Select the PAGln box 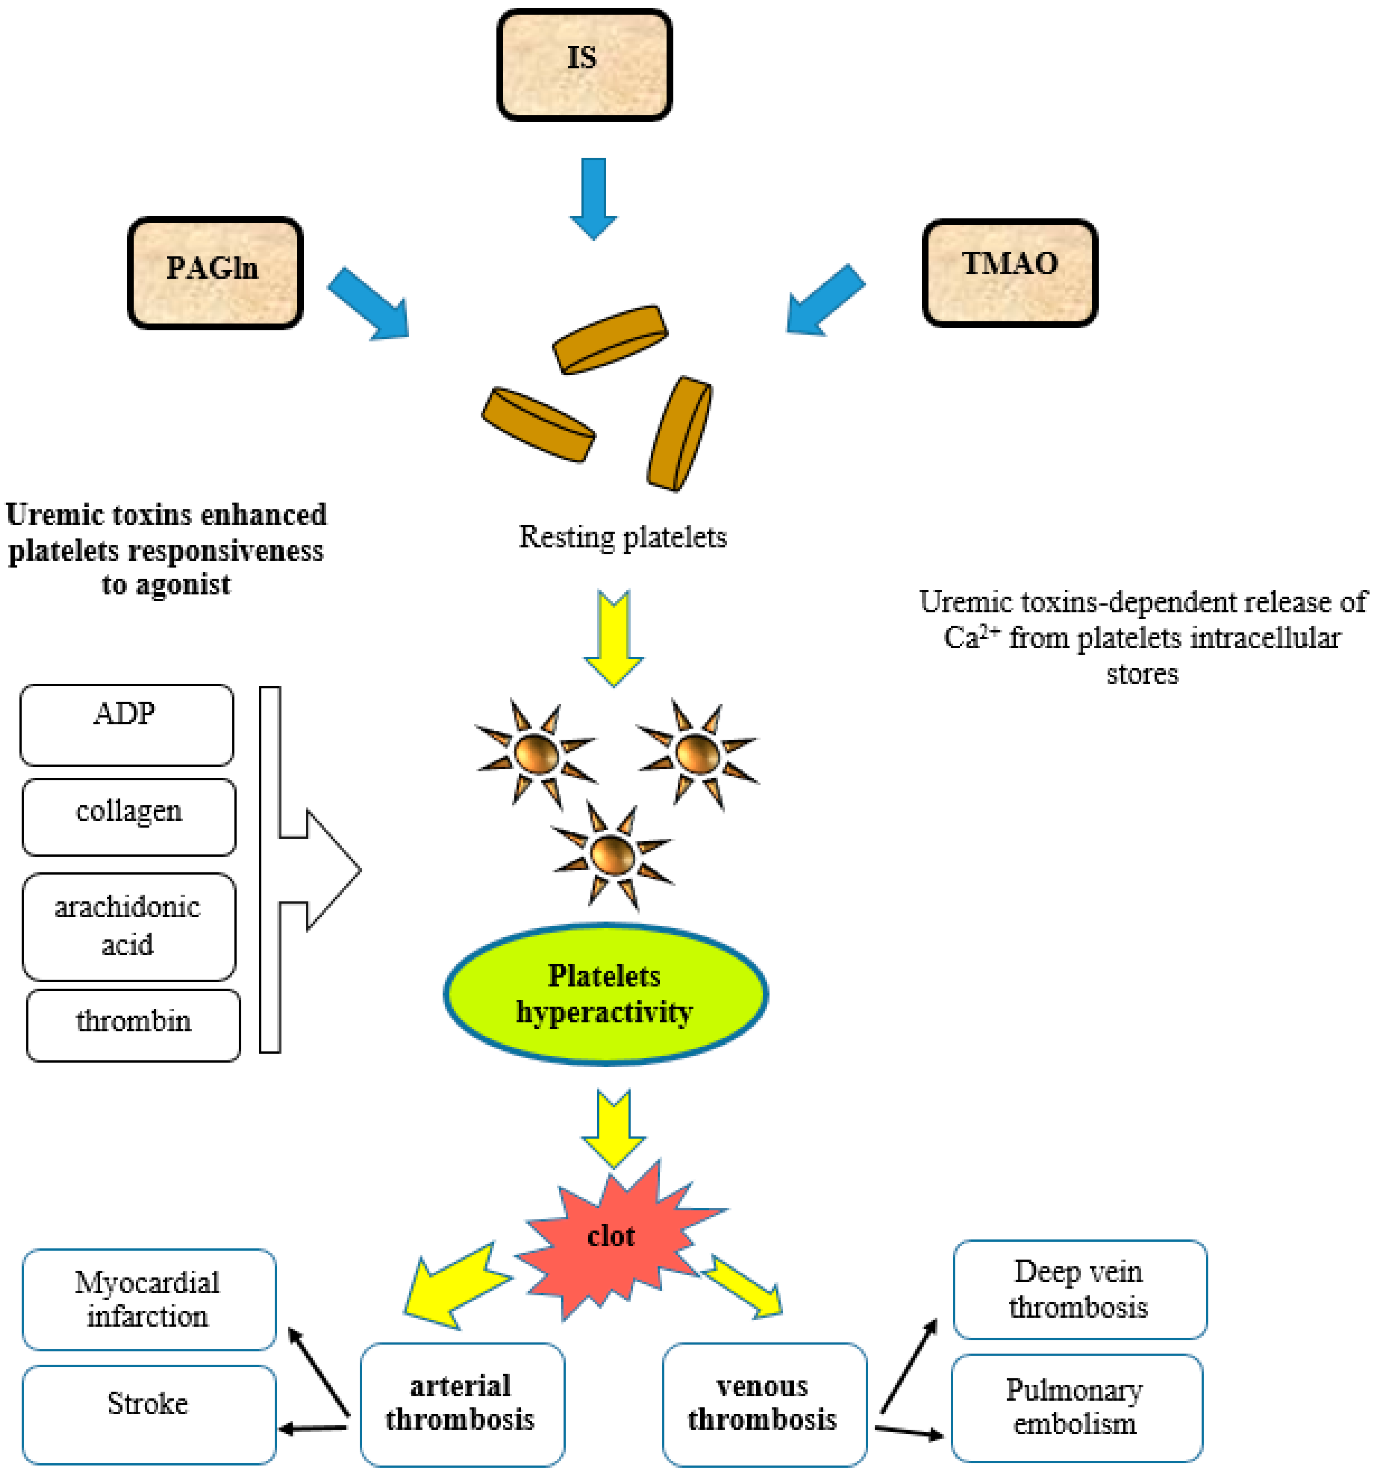(x=215, y=272)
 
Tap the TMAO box (x=1009, y=272)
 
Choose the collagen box (x=129, y=817)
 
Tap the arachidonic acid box (x=129, y=926)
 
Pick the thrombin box (x=133, y=1025)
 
